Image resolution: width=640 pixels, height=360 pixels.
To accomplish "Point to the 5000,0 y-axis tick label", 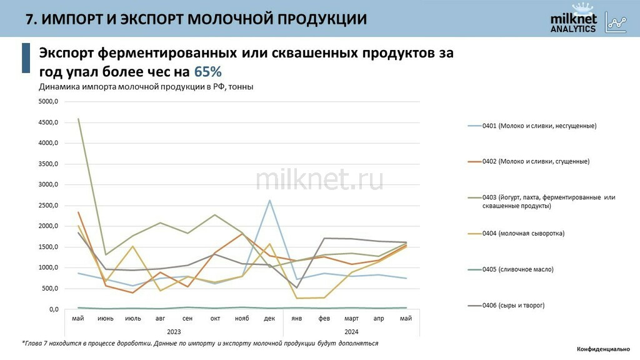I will pos(48,101).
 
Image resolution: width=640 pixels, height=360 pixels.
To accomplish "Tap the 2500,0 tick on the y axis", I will pos(48,206).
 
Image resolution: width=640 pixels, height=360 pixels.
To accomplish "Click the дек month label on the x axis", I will pos(269,319).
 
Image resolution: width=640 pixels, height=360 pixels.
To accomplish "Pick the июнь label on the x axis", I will pos(106,319).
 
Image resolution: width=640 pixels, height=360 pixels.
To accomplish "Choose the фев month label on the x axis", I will pos(324,319).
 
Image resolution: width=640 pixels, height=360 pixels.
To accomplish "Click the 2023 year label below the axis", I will pos(174,331).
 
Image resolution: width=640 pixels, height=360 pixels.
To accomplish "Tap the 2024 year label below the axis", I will pos(351,331).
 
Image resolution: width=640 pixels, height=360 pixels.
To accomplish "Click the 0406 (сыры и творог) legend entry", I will pos(513,305).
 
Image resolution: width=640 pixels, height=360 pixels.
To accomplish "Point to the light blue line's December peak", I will pos(269,200).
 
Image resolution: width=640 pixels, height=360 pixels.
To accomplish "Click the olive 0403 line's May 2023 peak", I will pos(78,119).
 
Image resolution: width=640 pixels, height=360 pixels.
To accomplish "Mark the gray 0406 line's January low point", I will pos(297,287).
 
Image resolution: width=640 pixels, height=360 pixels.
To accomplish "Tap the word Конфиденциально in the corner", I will pos(603,349).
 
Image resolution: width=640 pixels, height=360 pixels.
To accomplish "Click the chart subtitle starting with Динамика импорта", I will pos(146,87).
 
